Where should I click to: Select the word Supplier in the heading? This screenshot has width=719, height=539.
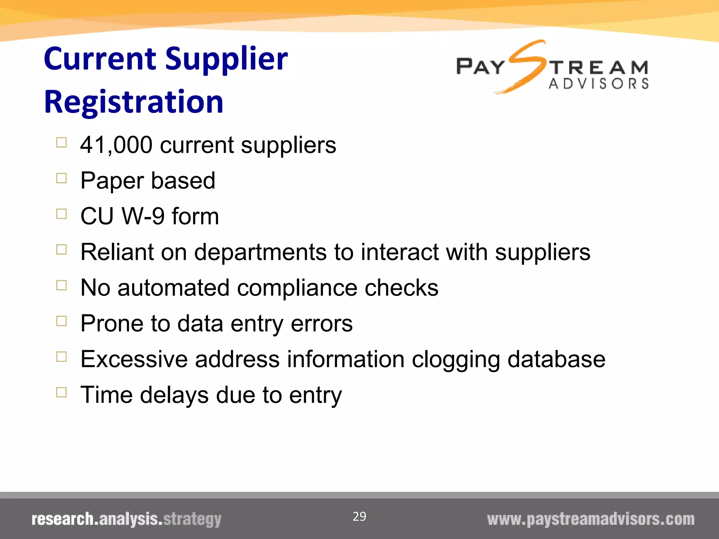[226, 59]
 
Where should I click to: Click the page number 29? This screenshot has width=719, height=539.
[359, 517]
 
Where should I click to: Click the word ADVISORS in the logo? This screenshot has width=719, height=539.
[599, 84]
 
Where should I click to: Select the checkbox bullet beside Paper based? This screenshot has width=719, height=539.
[61, 178]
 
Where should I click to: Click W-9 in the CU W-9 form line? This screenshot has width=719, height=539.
[143, 216]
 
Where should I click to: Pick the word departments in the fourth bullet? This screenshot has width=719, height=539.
[260, 252]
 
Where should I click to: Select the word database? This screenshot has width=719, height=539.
[556, 359]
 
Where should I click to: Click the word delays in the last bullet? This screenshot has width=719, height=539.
[174, 395]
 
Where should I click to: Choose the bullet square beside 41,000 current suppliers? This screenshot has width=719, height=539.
[61, 142]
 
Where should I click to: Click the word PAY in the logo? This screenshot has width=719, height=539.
[480, 67]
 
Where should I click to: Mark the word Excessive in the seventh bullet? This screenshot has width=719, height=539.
[134, 359]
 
